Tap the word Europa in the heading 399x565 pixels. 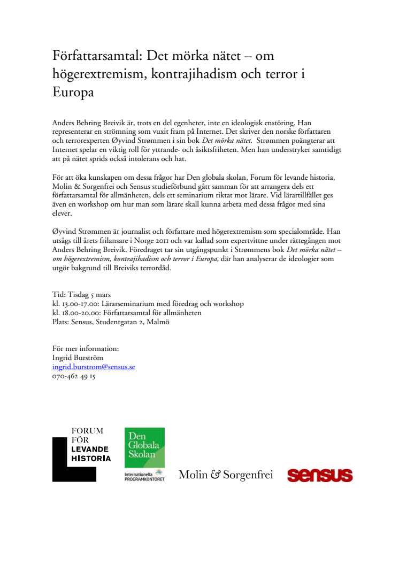(73, 92)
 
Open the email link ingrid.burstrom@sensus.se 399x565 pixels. (94, 367)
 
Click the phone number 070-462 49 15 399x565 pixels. (74, 376)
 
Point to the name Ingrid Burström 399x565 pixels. (78, 358)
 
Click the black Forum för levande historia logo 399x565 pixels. (81, 454)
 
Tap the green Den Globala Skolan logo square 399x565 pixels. (144, 447)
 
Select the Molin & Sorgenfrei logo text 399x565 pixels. (226, 475)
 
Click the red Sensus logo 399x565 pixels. (320, 475)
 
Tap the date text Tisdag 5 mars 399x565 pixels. (89, 295)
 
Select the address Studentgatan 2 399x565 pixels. (120, 322)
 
